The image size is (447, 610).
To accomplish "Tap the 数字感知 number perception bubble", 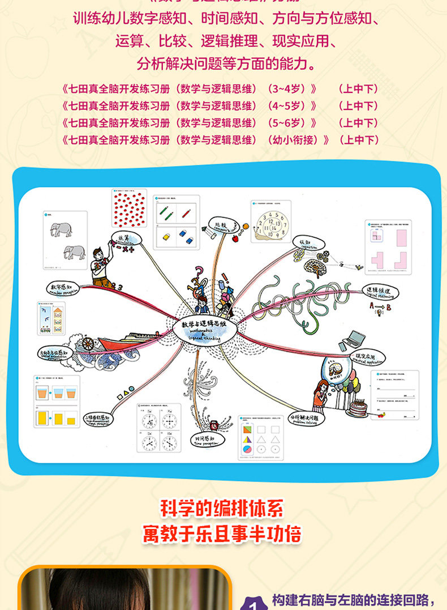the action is [x=61, y=288].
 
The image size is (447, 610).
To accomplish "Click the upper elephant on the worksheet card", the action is [x=61, y=229].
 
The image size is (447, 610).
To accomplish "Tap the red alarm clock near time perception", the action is [x=214, y=425].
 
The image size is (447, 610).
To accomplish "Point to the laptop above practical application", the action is [x=352, y=339].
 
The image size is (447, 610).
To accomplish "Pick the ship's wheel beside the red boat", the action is [x=88, y=345].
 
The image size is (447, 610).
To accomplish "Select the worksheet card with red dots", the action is [x=128, y=209].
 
